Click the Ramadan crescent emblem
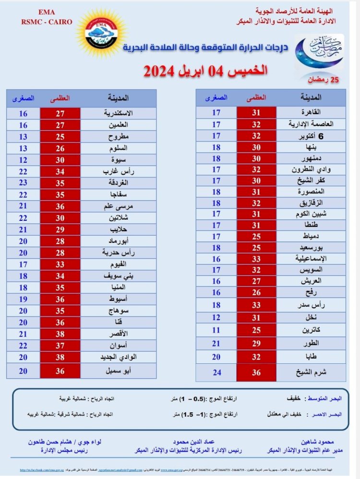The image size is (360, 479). [319, 55]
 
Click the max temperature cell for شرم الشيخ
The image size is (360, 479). [256, 372]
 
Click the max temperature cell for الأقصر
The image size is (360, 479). [60, 335]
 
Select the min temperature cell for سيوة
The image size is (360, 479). [23, 160]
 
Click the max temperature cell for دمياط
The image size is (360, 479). [256, 237]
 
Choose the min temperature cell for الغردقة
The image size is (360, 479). [23, 183]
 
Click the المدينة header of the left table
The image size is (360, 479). [119, 98]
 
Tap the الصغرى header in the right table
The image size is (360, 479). [216, 97]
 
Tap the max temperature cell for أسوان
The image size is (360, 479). [60, 346]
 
